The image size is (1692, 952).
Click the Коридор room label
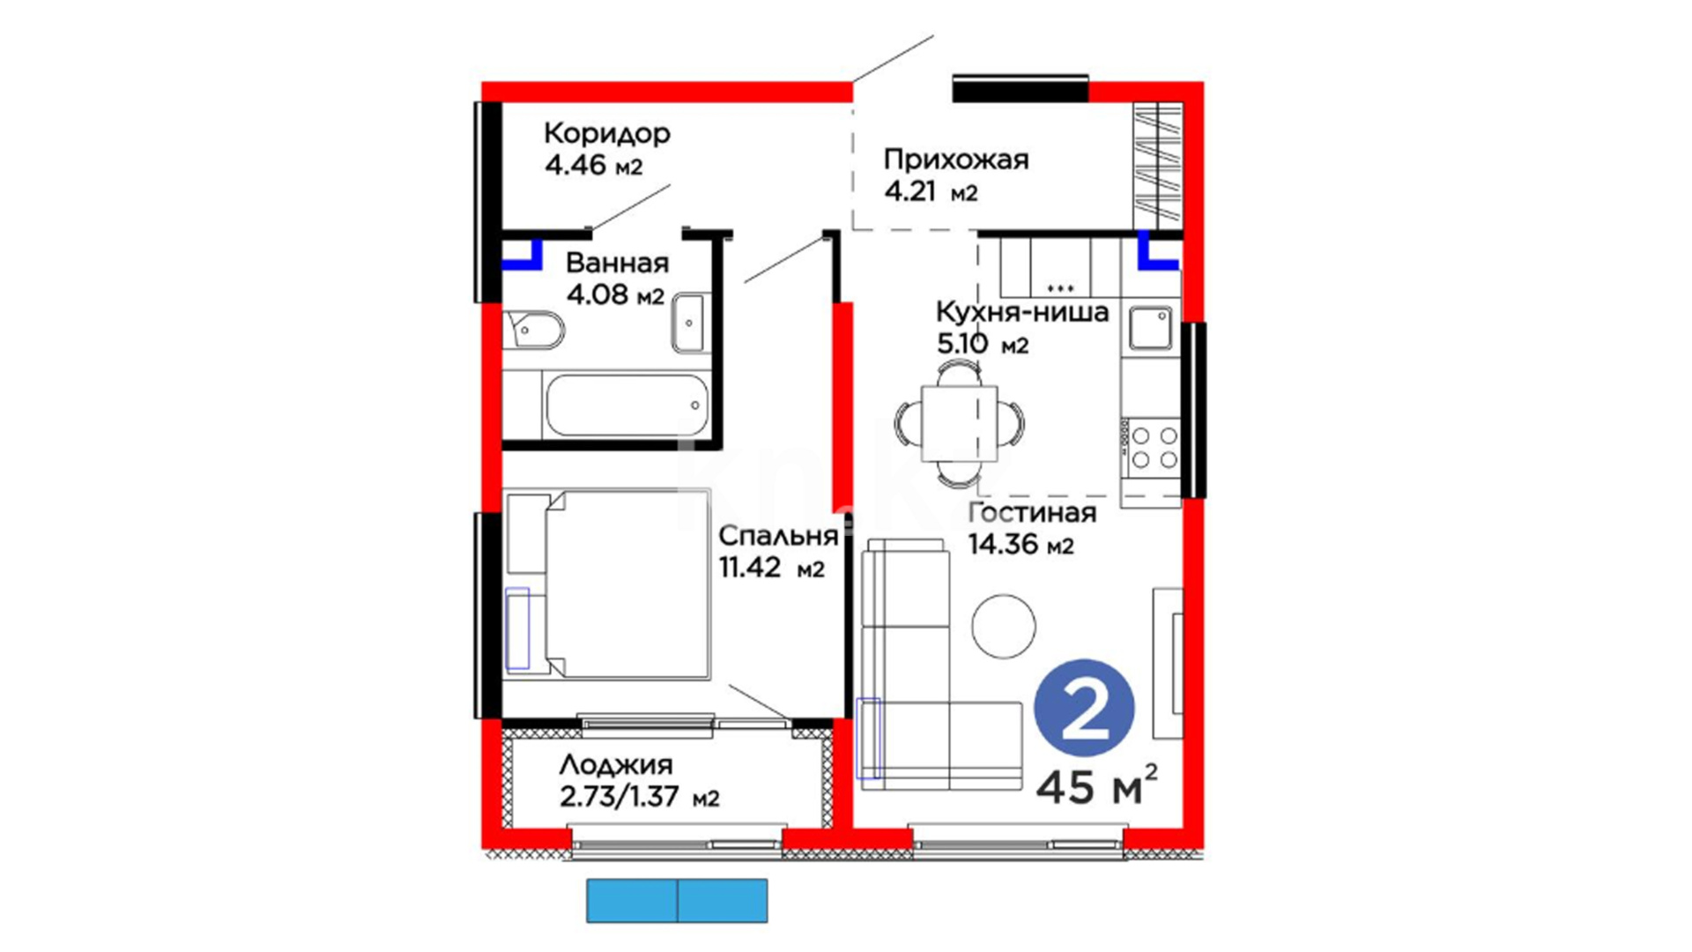[x=607, y=133]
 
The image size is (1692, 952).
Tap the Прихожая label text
[x=956, y=160]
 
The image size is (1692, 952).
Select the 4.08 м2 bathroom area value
[x=615, y=294]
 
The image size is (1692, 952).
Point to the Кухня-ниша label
[x=1022, y=312]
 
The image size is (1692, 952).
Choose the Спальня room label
[x=777, y=536]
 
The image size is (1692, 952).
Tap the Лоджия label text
[x=616, y=764]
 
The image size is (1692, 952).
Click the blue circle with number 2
[x=1084, y=708]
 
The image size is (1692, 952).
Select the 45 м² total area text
[x=1096, y=785]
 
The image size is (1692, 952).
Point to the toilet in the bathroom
[x=533, y=330]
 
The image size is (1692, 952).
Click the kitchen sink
[x=1151, y=328]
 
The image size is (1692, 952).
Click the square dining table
[x=959, y=423]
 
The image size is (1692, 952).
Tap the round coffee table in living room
[x=1004, y=625]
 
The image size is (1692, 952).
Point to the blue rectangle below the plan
[x=677, y=900]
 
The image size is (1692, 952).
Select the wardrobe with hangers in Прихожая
[x=1157, y=165]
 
